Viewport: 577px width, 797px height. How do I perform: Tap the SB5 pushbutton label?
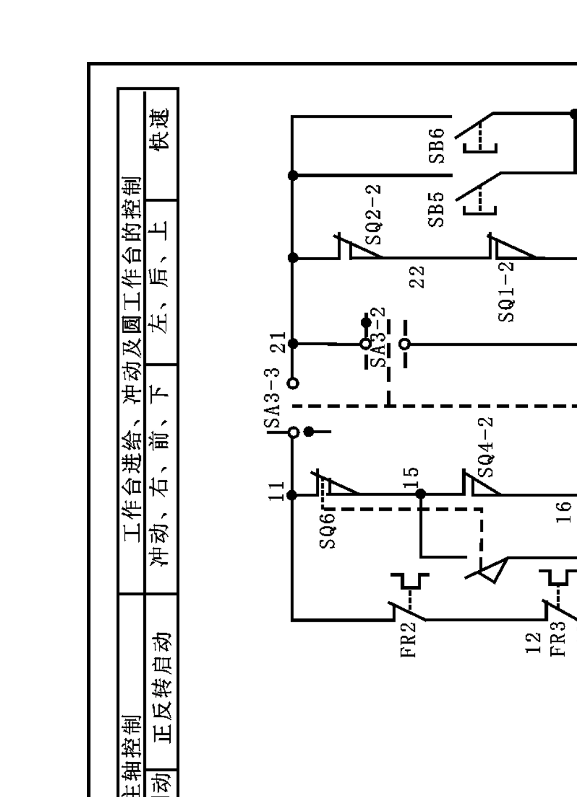tap(437, 209)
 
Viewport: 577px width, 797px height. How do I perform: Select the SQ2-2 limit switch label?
tap(376, 214)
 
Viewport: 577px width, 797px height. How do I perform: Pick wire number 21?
tap(278, 343)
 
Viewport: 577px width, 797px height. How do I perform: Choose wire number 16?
tap(564, 511)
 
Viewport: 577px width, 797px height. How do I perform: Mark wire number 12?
tap(533, 642)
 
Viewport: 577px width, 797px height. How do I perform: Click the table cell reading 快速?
tap(161, 129)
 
